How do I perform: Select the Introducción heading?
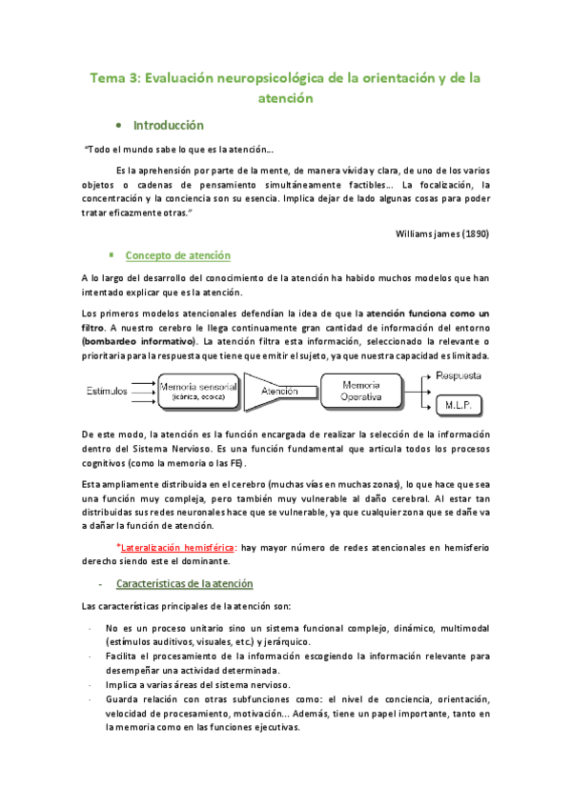[169, 125]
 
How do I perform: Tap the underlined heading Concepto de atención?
[177, 255]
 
